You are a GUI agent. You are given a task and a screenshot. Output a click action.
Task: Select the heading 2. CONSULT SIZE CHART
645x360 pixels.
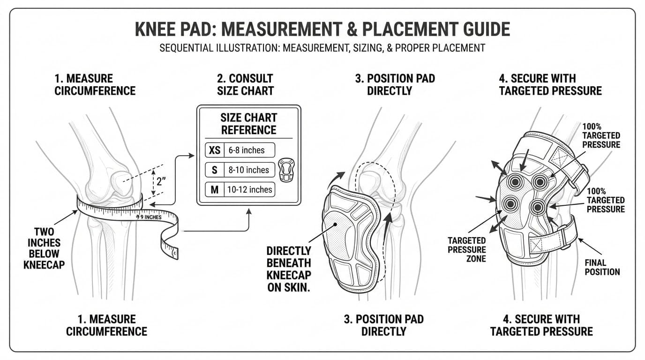(x=245, y=84)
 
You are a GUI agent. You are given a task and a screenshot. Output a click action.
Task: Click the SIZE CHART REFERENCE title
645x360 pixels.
(x=248, y=123)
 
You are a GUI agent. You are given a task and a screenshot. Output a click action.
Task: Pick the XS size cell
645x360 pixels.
(x=215, y=150)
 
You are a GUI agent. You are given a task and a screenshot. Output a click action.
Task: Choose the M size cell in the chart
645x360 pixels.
(x=215, y=190)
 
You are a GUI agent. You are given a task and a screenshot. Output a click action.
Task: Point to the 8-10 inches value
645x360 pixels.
(x=248, y=170)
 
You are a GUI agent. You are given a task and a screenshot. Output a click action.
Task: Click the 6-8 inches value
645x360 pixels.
(x=247, y=150)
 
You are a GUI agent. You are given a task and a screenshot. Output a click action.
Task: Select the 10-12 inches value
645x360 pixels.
(x=250, y=190)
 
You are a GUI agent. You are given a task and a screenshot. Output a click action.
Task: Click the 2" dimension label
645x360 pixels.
(x=160, y=182)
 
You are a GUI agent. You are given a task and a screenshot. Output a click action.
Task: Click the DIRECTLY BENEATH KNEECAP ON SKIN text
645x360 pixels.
(x=289, y=269)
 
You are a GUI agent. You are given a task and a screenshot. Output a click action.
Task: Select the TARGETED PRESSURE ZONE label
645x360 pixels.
(x=466, y=249)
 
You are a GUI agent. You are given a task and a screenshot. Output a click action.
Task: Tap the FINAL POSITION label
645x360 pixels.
(x=602, y=267)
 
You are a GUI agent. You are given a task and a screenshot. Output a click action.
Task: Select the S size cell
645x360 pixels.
(x=215, y=170)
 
